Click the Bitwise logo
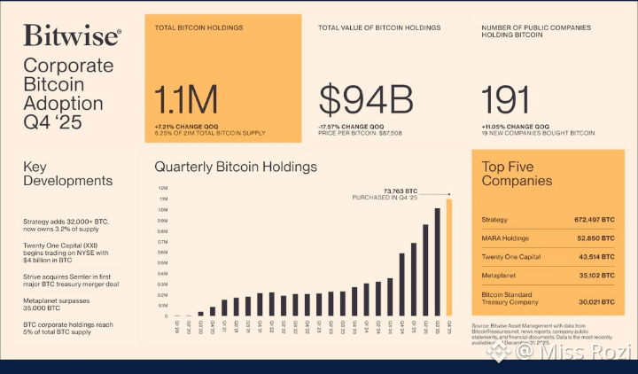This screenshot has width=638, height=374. pos(73,36)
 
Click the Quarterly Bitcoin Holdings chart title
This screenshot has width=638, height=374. pos(235,167)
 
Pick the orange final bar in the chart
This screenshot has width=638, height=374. pos(448,257)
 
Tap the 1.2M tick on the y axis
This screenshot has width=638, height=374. pos(163,189)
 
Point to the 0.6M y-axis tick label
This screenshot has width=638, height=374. pos(163,253)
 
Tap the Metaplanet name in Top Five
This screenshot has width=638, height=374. pos(501,275)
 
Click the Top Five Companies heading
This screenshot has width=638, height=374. pos(517,174)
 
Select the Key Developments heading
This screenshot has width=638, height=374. pos(66,174)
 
